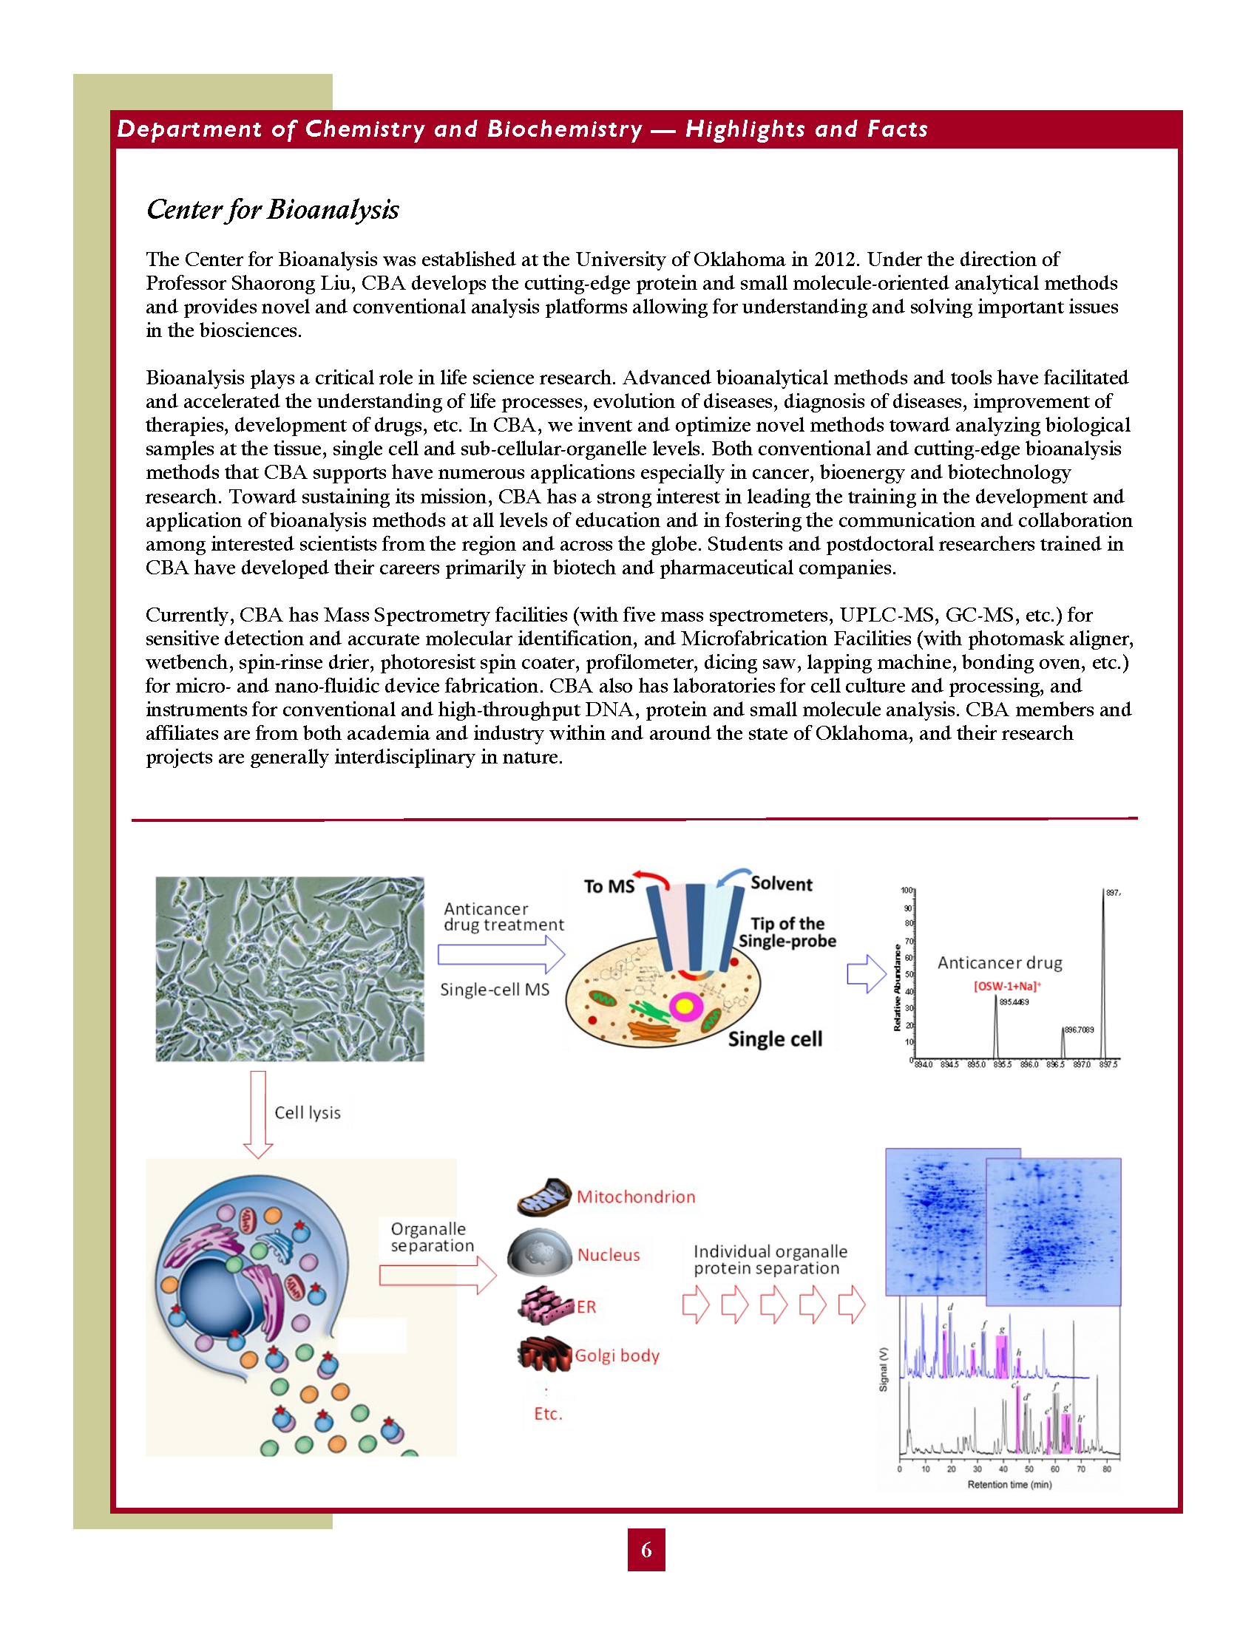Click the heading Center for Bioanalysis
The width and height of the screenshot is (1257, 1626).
(x=273, y=210)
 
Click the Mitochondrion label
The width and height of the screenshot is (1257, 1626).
(x=636, y=1197)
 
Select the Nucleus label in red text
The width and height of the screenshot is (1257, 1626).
(x=609, y=1255)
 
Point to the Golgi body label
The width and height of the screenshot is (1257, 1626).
(x=617, y=1355)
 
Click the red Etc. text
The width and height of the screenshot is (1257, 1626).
(x=548, y=1414)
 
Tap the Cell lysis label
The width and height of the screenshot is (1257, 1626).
(x=308, y=1113)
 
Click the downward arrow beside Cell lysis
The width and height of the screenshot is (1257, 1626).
(x=258, y=1114)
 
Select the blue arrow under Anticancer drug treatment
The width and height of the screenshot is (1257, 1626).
(x=501, y=954)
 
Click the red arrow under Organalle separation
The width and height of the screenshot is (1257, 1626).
(x=437, y=1276)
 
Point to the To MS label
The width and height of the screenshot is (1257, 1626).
(x=609, y=887)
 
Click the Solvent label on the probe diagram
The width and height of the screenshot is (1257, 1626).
(x=781, y=884)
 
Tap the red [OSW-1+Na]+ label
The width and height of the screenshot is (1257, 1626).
(x=1007, y=987)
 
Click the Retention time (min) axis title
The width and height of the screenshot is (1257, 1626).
(x=1009, y=1485)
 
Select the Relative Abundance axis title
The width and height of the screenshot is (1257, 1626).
(x=898, y=987)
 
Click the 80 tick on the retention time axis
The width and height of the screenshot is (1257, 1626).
(x=1107, y=1469)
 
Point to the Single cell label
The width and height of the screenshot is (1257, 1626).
(x=774, y=1039)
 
